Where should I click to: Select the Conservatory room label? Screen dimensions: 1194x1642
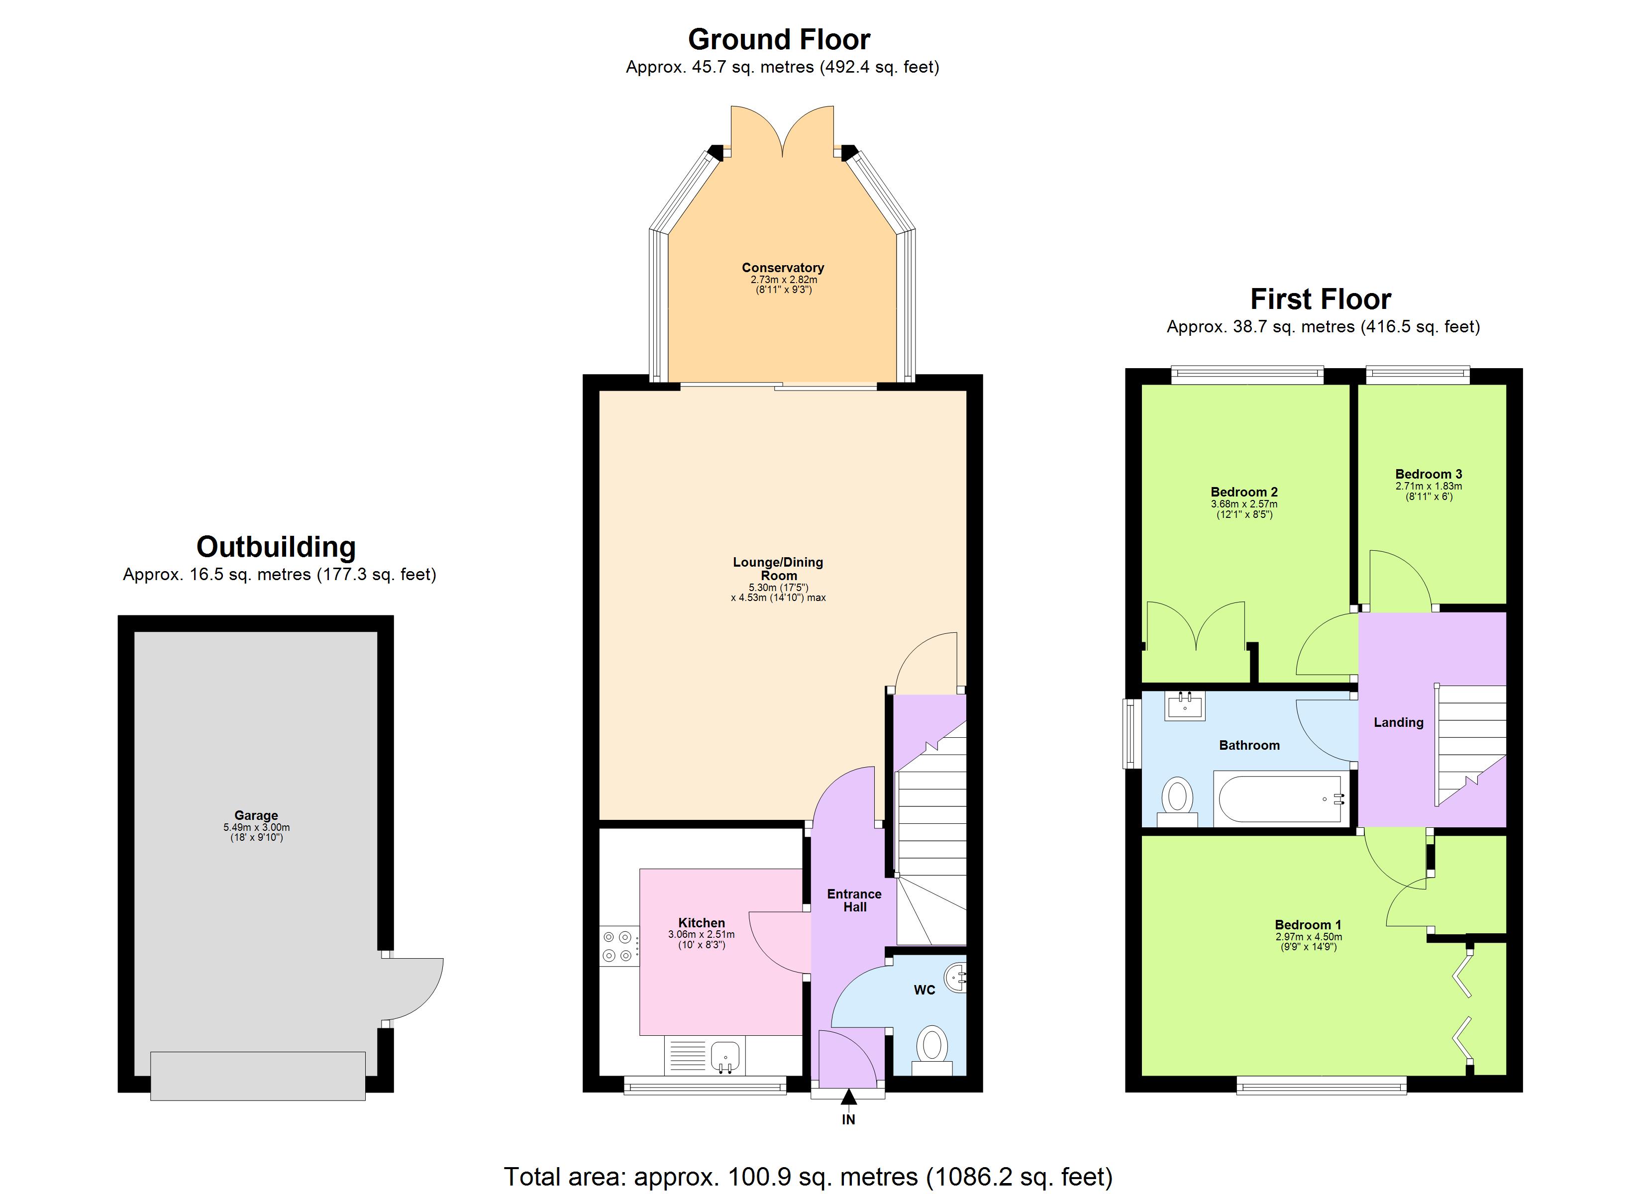pos(783,268)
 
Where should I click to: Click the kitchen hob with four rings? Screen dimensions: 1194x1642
pos(619,946)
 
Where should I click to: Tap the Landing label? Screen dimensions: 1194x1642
pos(1398,722)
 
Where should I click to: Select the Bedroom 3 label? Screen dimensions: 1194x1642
pos(1429,474)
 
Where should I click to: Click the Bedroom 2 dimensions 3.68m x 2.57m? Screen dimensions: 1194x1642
pos(1244,504)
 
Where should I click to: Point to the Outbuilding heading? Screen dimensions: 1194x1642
pos(276,547)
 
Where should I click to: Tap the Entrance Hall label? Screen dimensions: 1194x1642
pos(854,900)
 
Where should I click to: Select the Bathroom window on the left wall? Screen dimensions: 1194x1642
pos(1129,733)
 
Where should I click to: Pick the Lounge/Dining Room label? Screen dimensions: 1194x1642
pos(778,569)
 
